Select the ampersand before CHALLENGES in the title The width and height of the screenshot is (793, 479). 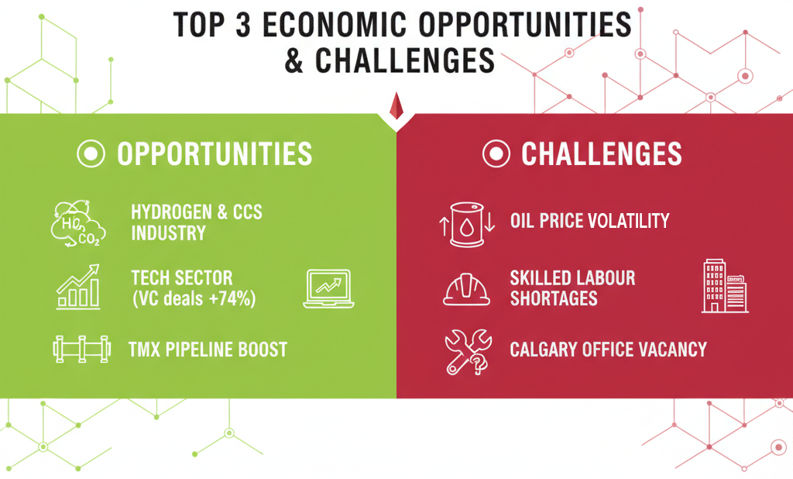pyautogui.click(x=295, y=60)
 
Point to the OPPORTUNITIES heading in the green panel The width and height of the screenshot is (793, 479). pyautogui.click(x=215, y=154)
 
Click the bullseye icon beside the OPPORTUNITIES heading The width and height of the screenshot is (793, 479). pyautogui.click(x=91, y=154)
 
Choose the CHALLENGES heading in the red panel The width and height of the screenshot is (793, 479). pyautogui.click(x=602, y=154)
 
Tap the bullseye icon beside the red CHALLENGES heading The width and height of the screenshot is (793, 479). pyautogui.click(x=496, y=154)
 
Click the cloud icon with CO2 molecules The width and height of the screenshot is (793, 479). pyautogui.click(x=77, y=222)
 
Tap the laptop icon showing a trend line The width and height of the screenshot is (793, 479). pyautogui.click(x=328, y=288)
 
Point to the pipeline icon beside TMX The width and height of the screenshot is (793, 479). pyautogui.click(x=79, y=349)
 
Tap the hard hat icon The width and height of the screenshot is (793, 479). pyautogui.click(x=466, y=289)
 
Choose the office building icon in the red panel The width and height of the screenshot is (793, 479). pyautogui.click(x=724, y=286)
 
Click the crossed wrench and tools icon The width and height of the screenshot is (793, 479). pyautogui.click(x=467, y=351)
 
